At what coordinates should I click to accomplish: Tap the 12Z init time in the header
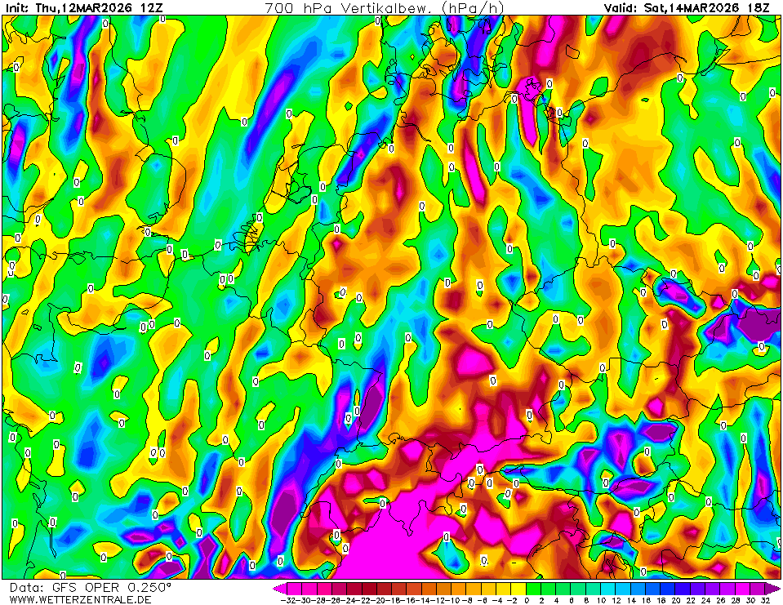[x=151, y=7]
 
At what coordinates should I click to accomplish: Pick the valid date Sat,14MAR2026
[x=693, y=7]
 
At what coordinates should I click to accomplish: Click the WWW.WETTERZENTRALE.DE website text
[x=80, y=600]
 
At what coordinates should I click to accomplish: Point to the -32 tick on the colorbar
[x=287, y=600]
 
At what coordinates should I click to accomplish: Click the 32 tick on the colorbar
[x=765, y=600]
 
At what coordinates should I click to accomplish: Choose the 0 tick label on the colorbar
[x=527, y=600]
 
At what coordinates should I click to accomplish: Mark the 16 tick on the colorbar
[x=646, y=600]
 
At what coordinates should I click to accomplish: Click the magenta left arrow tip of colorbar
[x=276, y=588]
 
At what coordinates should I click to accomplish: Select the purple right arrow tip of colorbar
[x=776, y=588]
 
